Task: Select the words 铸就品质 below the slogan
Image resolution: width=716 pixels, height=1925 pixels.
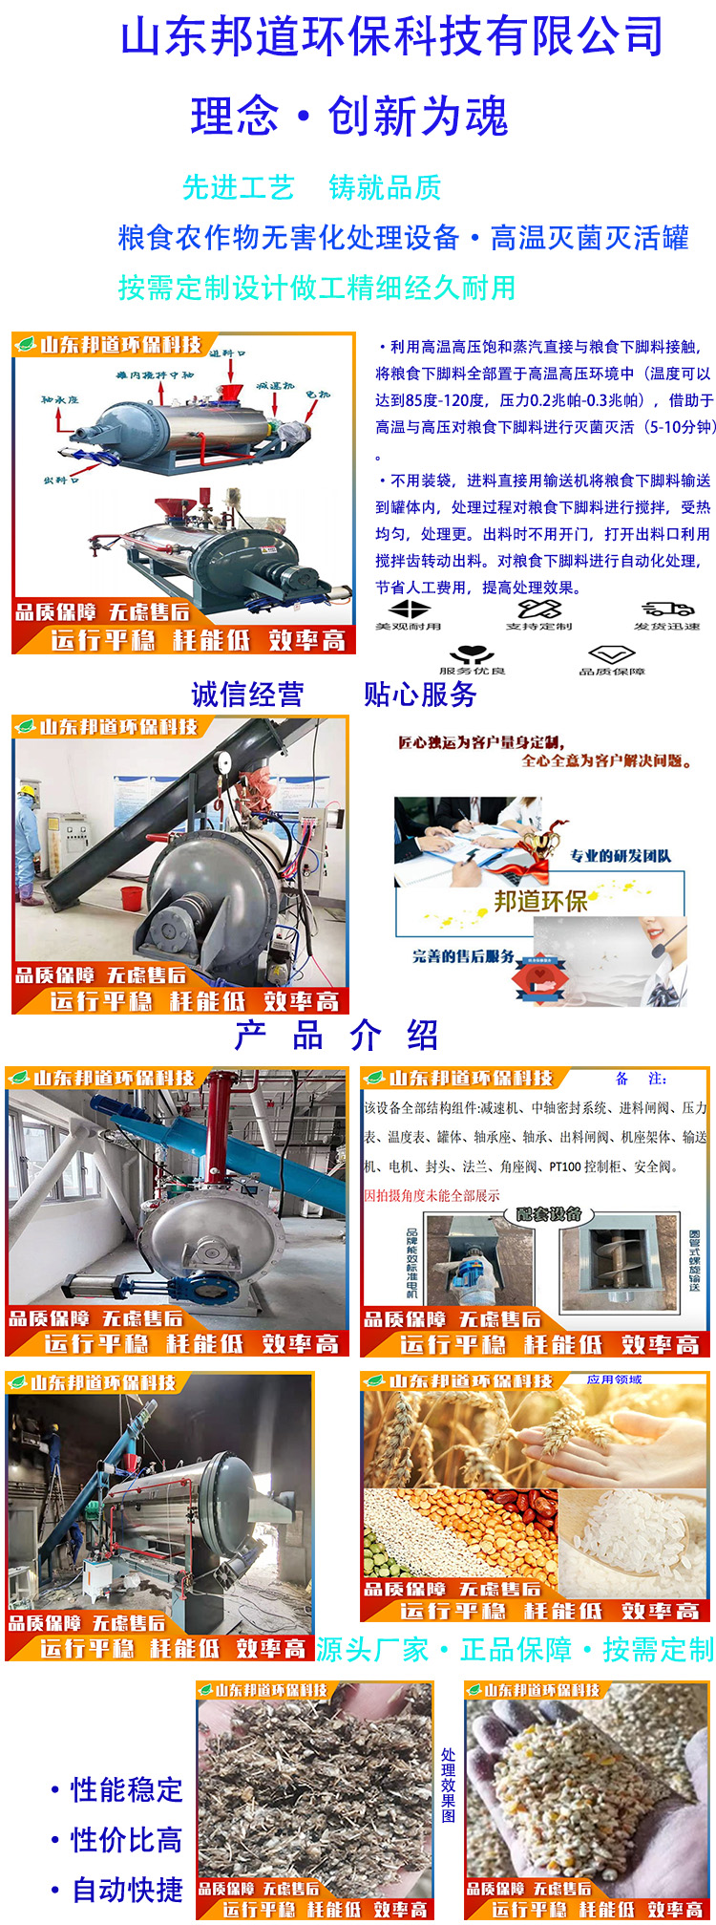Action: (x=385, y=188)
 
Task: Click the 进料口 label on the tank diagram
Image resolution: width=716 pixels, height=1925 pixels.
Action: (x=226, y=353)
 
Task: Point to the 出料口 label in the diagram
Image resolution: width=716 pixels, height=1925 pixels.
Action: (x=61, y=480)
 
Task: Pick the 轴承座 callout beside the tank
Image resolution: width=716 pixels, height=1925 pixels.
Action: (x=59, y=399)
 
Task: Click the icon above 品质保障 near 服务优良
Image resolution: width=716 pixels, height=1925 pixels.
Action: (x=611, y=654)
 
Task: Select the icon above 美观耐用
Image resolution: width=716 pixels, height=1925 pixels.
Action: (x=410, y=609)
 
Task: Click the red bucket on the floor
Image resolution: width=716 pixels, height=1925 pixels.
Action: (x=133, y=898)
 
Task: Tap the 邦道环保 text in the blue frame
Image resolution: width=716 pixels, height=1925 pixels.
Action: (x=540, y=901)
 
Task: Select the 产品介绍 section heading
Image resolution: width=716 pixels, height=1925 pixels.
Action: (x=336, y=1035)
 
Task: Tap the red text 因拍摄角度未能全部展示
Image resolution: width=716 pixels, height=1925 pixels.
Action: (x=432, y=1195)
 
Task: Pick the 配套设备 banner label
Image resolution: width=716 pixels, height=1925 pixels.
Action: (x=549, y=1214)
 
